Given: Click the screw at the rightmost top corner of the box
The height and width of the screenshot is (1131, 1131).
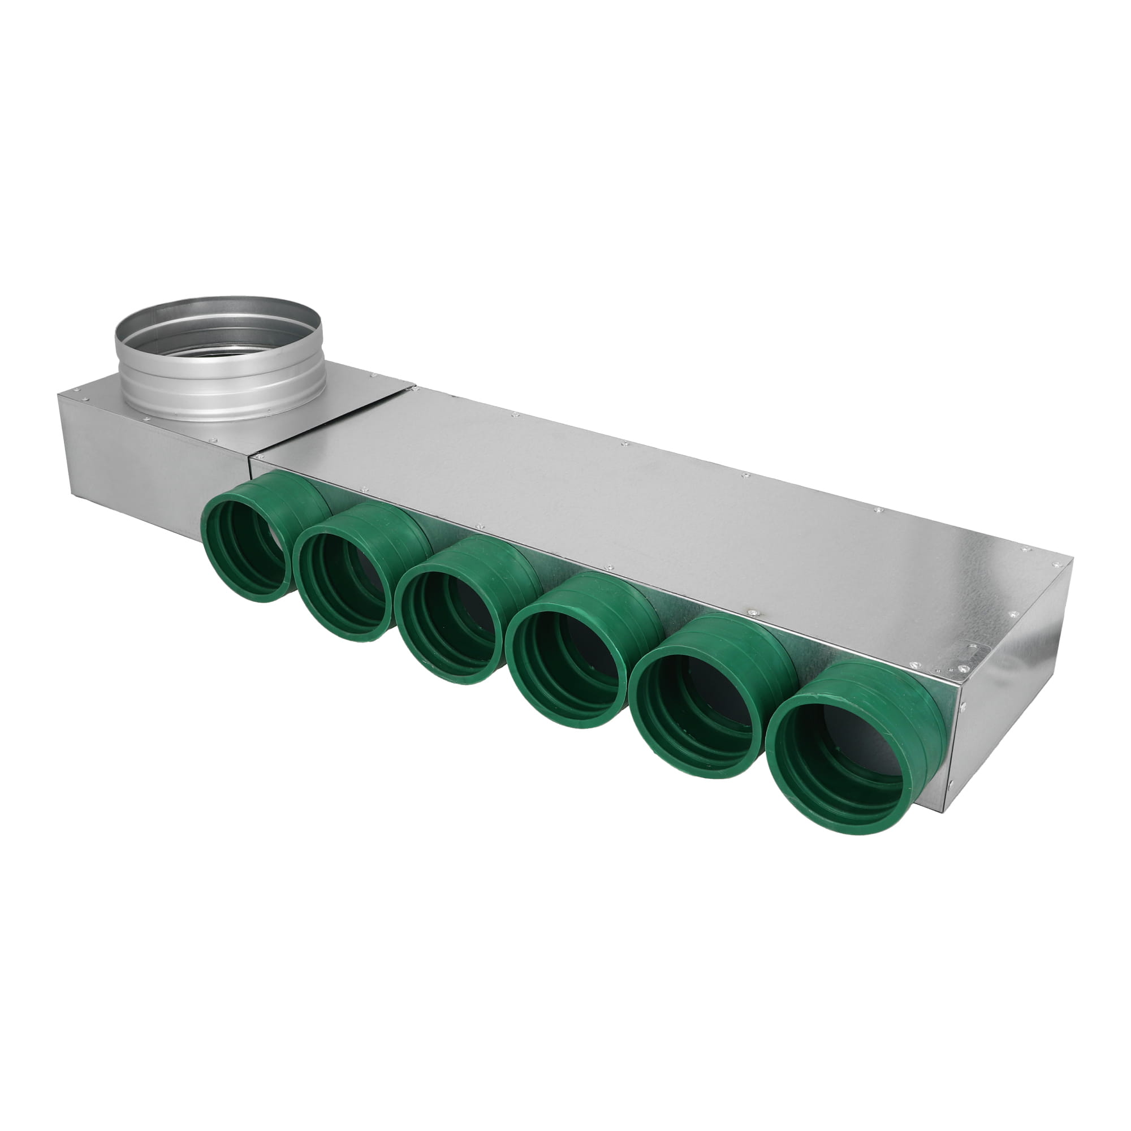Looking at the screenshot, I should pyautogui.click(x=1057, y=565).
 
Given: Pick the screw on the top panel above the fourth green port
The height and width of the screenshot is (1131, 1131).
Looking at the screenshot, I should pyautogui.click(x=609, y=567).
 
